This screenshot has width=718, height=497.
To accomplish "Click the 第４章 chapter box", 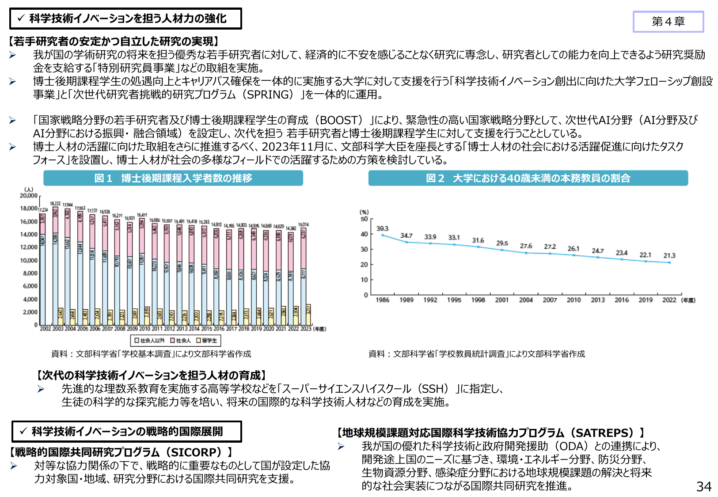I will (x=668, y=22).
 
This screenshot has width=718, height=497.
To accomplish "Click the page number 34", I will (x=703, y=486).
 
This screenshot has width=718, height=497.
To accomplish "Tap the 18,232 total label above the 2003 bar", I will (x=55, y=204).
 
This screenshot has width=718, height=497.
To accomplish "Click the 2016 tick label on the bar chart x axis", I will (x=219, y=329).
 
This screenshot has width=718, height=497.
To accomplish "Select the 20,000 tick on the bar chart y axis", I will (x=29, y=195).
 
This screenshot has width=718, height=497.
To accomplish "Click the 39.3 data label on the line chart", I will (x=382, y=228).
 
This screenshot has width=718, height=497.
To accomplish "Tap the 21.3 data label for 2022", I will (x=669, y=255).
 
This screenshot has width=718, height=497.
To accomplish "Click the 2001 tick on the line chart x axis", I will (x=501, y=300).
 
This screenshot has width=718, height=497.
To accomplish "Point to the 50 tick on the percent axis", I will (x=364, y=219).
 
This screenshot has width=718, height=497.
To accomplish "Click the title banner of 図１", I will (x=173, y=178).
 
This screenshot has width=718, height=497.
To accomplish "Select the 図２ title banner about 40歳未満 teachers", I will (x=528, y=178).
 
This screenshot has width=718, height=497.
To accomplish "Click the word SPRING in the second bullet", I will (x=270, y=95).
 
